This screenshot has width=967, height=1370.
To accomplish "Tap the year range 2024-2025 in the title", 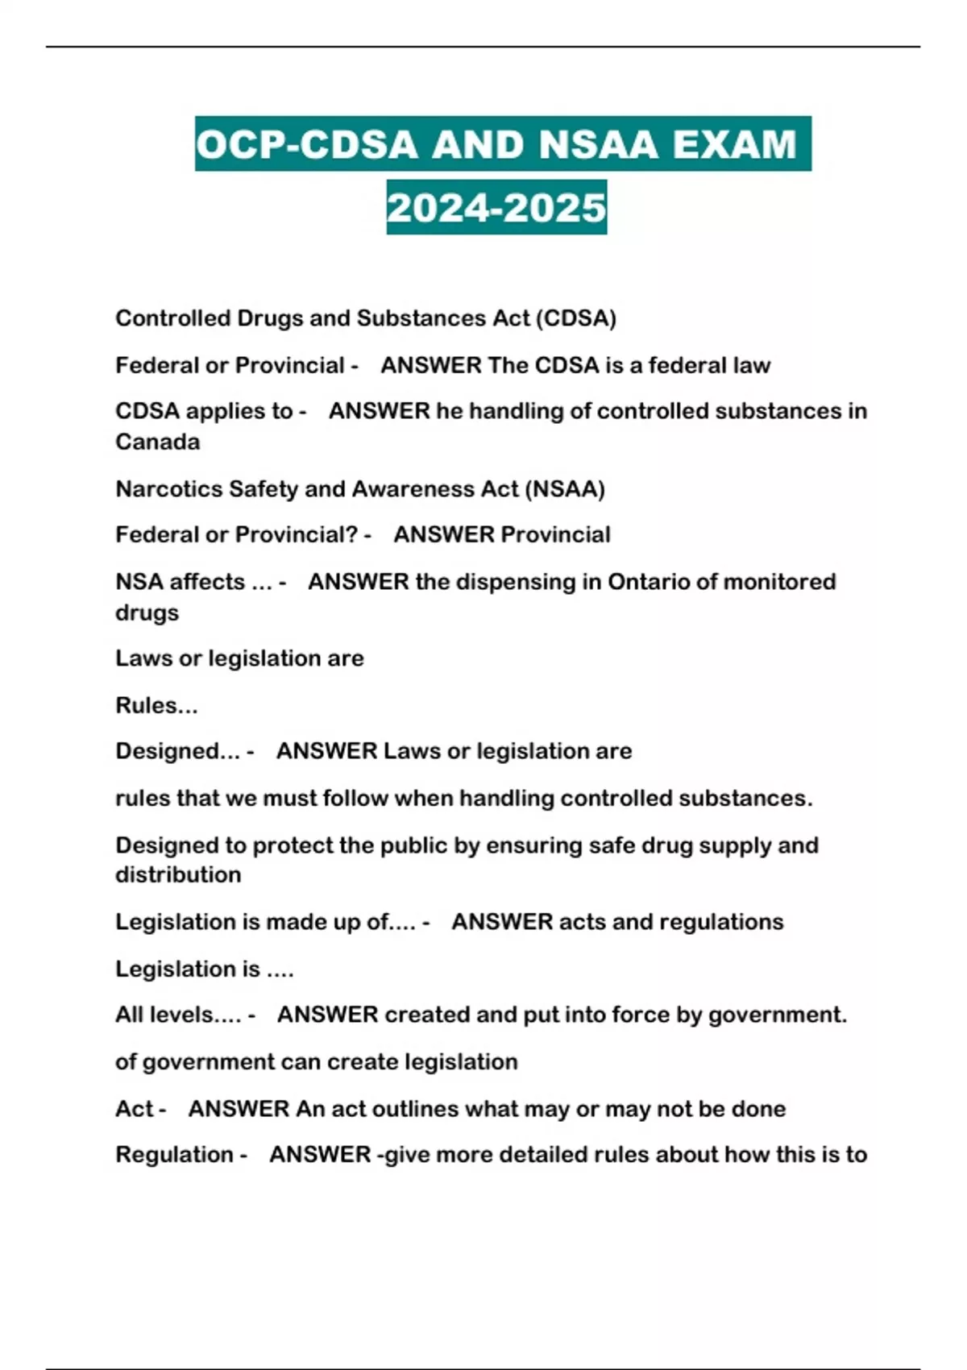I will (x=496, y=208).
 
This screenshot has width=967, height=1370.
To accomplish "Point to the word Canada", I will (x=157, y=442).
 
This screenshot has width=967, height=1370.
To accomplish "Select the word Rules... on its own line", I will (x=156, y=705).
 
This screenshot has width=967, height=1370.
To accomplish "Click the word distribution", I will (x=178, y=874).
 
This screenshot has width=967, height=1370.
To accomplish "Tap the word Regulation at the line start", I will (x=175, y=1155).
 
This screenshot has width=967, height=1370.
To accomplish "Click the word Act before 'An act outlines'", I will (x=134, y=1109).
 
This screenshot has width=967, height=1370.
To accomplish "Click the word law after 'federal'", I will (x=752, y=366).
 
